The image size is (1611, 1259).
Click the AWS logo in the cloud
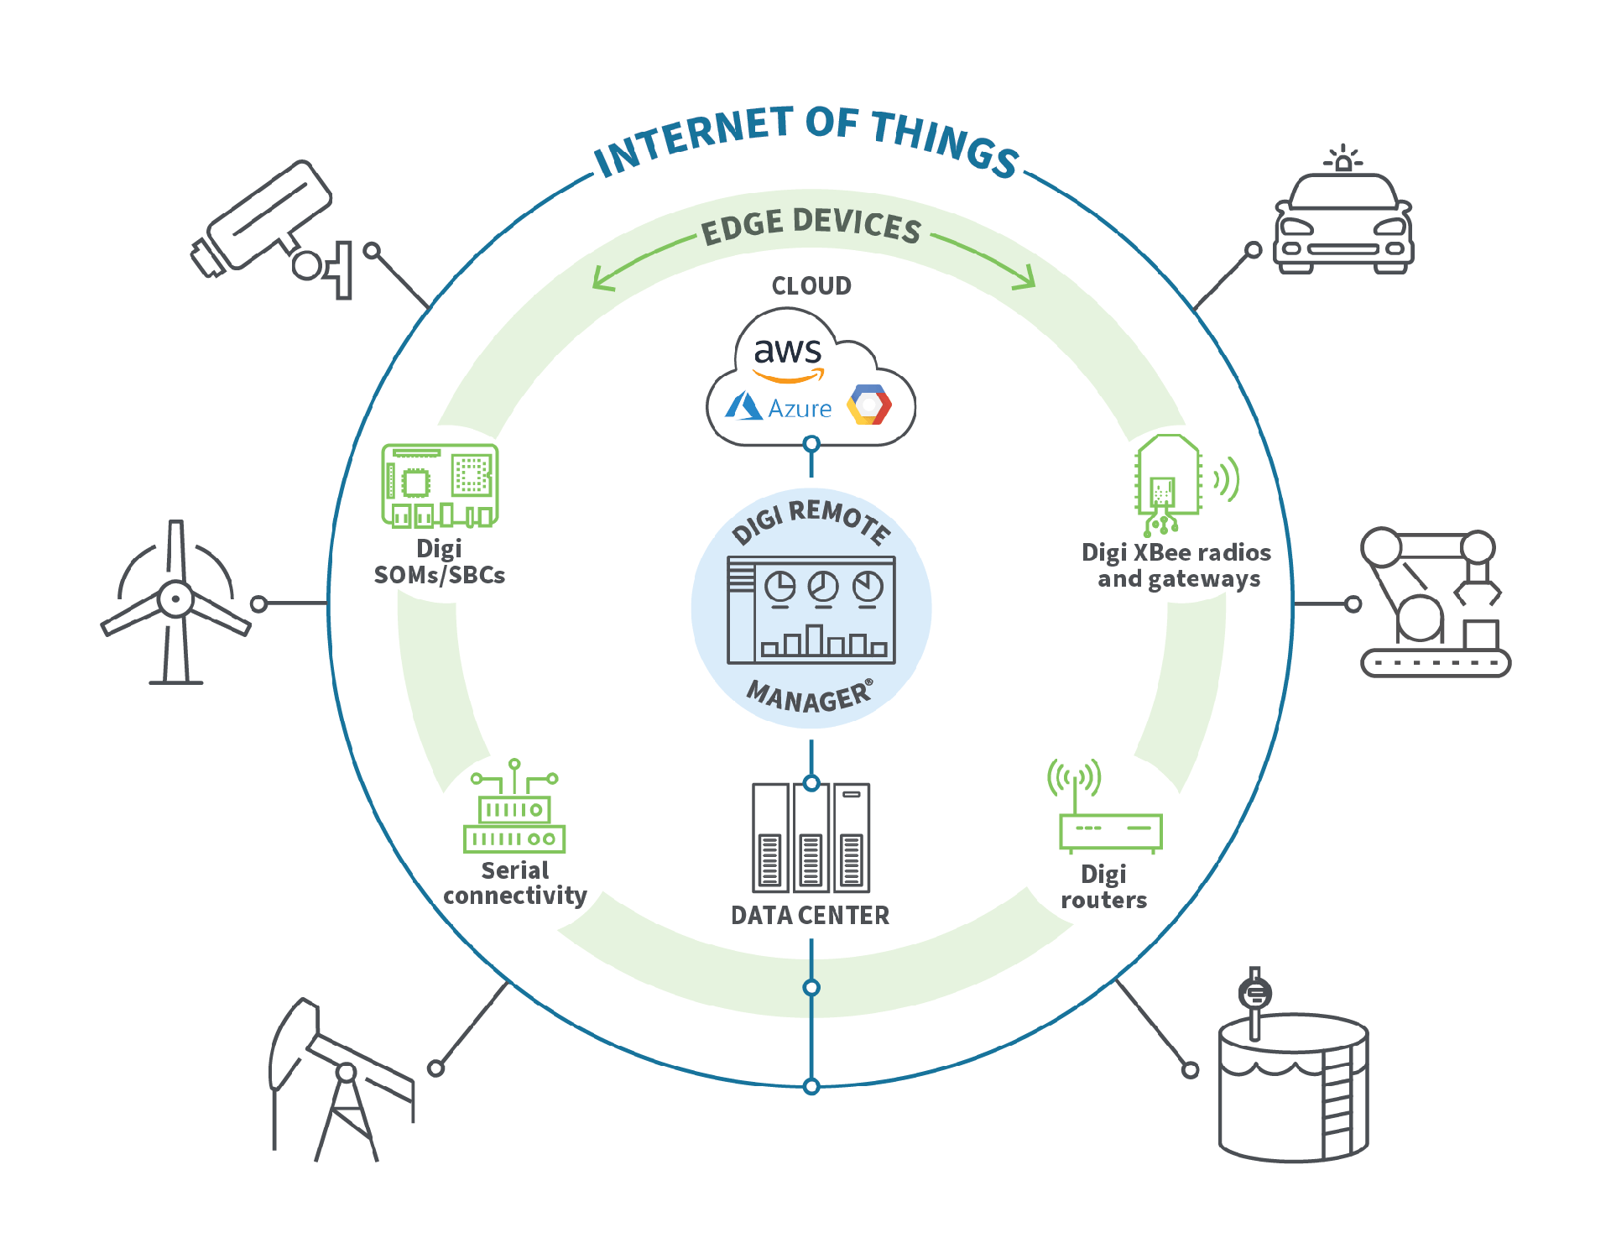[787, 358]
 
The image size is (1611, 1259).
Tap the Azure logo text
[800, 409]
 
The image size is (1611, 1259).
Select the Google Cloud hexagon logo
[869, 405]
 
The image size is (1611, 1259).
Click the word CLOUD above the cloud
[811, 286]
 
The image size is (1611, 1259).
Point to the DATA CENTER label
[810, 915]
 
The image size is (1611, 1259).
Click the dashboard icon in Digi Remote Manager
[811, 610]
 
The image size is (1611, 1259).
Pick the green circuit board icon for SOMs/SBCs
[440, 485]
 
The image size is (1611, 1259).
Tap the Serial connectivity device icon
[514, 806]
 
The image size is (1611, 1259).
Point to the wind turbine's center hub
[175, 599]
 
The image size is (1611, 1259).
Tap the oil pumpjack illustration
[341, 1079]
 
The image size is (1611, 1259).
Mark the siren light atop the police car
[1343, 158]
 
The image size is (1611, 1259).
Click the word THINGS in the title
[946, 143]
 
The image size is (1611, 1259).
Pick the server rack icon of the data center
[811, 837]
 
